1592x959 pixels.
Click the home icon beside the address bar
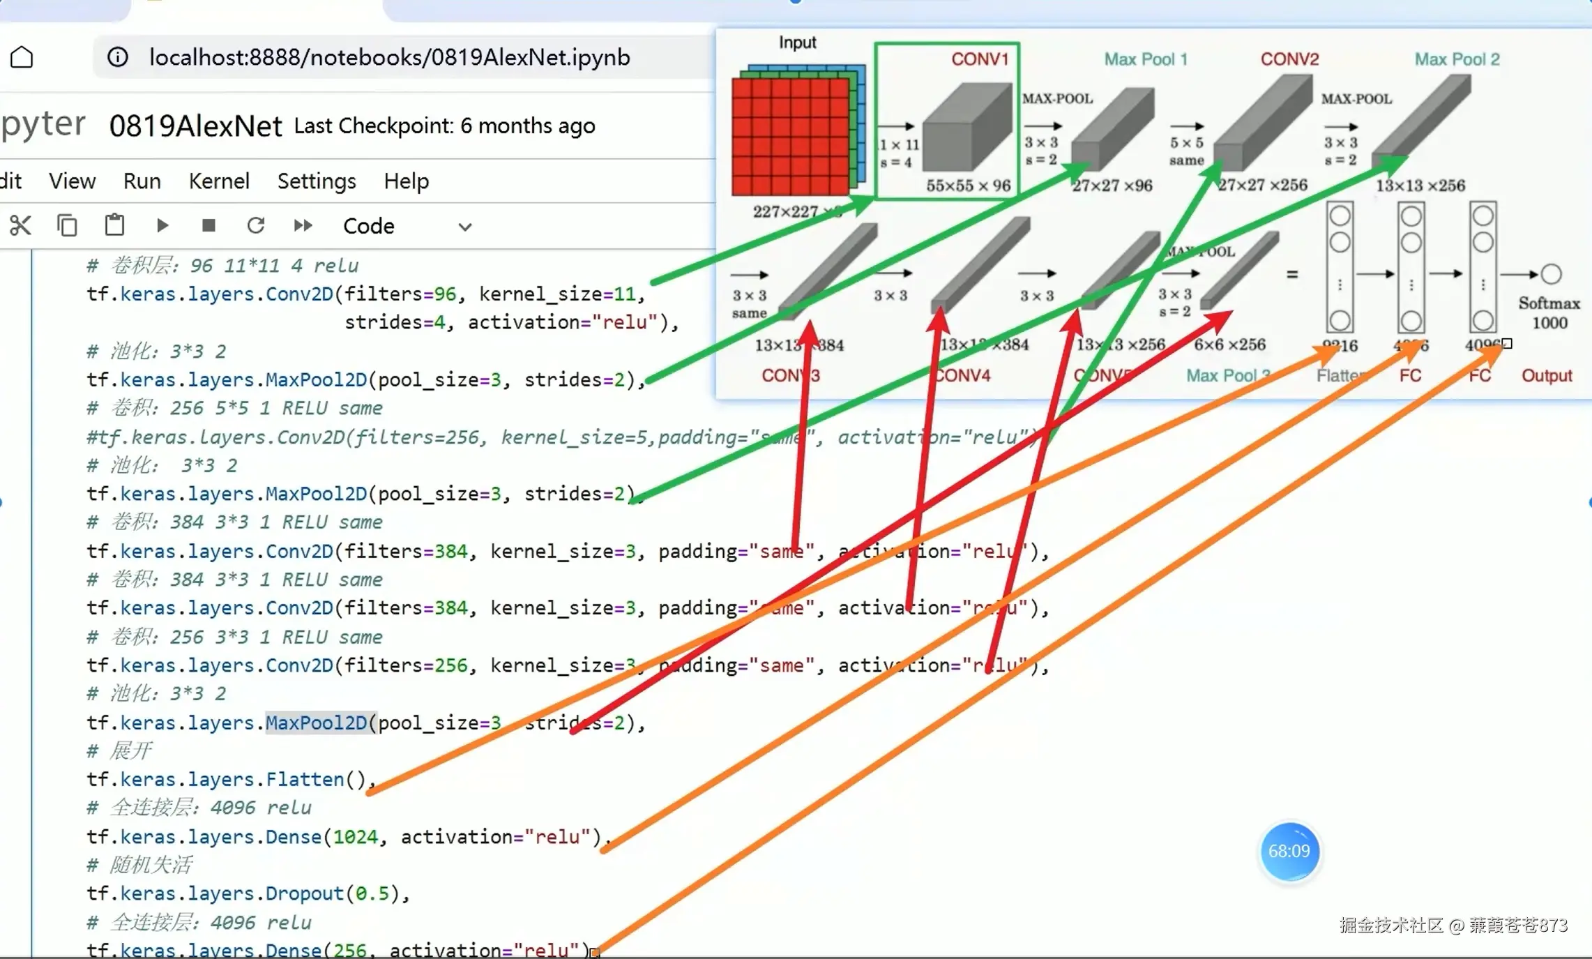[x=22, y=57]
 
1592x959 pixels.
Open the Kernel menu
[x=219, y=181]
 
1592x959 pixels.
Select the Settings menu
[x=317, y=181]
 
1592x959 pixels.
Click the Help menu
[x=406, y=181]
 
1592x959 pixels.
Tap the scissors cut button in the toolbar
[x=20, y=225]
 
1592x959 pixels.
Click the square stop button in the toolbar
[x=209, y=225]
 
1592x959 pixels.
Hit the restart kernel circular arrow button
[x=256, y=225]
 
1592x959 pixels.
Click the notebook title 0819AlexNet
[x=196, y=126]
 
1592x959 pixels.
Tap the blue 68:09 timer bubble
[x=1289, y=851]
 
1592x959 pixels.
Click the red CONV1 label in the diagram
[x=980, y=59]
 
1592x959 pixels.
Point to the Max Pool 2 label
[x=1457, y=59]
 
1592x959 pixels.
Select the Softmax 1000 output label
[x=1549, y=312]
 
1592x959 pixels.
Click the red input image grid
[x=790, y=136]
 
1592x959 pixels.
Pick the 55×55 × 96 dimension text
[x=968, y=186]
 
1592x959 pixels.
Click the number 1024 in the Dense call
[x=355, y=836]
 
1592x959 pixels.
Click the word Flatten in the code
[x=305, y=779]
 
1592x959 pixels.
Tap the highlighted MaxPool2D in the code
[x=316, y=723]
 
